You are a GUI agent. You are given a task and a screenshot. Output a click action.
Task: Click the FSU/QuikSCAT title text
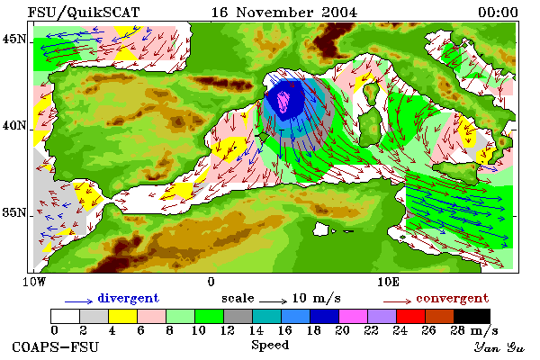[84, 13]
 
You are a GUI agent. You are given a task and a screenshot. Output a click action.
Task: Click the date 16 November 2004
[284, 13]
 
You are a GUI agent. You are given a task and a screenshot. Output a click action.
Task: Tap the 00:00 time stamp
[498, 13]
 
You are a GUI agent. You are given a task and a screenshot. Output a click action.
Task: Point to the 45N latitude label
[14, 39]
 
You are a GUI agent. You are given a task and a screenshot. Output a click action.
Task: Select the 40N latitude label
[14, 126]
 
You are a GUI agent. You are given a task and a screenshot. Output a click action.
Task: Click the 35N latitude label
[14, 212]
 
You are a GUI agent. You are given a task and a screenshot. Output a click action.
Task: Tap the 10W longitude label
[34, 282]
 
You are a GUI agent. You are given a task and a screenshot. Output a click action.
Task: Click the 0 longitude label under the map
[211, 282]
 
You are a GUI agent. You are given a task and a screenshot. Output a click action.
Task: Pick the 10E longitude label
[389, 282]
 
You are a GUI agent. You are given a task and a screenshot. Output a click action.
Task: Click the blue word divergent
[128, 298]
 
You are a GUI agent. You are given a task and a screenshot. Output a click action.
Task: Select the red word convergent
[452, 298]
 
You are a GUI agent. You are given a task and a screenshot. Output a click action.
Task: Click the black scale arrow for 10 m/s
[273, 301]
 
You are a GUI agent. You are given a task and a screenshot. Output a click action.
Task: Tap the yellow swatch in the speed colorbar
[123, 316]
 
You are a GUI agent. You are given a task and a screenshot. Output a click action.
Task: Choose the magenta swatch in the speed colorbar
[354, 316]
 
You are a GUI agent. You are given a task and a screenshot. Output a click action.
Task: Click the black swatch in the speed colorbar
[472, 316]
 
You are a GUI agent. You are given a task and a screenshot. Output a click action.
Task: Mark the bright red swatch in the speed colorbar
[411, 316]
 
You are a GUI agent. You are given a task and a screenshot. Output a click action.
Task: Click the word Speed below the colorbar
[270, 345]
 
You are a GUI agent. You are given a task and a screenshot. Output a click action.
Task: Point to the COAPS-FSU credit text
[56, 346]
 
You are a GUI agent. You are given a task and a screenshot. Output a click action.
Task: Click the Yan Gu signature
[499, 347]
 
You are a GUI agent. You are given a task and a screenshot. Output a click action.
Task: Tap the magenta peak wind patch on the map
[284, 102]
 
